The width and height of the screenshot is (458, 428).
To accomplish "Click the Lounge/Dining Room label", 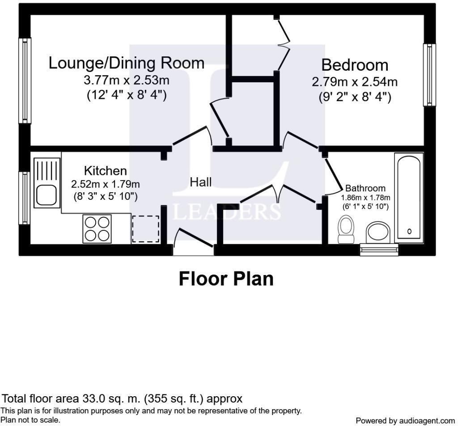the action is coord(127,63).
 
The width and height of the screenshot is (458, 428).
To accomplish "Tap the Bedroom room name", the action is coord(355,65).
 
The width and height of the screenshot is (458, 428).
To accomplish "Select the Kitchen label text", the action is coord(105,170).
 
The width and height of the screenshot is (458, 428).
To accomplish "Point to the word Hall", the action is coord(201,182).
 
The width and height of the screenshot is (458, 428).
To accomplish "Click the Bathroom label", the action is coord(365,188).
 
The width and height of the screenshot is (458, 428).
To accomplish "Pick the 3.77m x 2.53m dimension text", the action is coord(127,80).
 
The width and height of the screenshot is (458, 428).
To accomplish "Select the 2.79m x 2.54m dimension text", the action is coord(355,82).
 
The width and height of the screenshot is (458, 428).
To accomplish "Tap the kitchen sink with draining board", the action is coord(47,183).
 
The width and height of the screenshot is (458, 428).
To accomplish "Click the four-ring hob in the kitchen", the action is coord(97,229).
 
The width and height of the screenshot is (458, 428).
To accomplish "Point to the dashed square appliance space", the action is coord(146,229).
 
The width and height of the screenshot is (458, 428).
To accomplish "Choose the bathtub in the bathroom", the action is coord(409,198).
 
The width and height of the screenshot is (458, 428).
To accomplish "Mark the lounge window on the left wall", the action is coord(25,81).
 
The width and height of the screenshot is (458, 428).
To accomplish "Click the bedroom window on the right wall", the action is coord(429,75).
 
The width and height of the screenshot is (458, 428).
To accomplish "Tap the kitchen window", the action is coord(25,198).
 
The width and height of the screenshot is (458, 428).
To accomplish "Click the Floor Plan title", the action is coord(226,279).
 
